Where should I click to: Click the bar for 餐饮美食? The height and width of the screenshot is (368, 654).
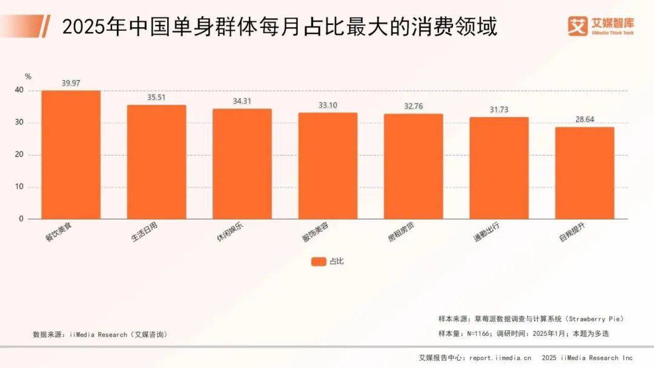pyautogui.click(x=71, y=155)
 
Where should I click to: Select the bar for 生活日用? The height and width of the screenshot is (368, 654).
pyautogui.click(x=156, y=162)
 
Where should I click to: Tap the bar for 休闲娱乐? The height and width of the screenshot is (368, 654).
pyautogui.click(x=242, y=164)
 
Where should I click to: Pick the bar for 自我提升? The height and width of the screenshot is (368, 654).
pyautogui.click(x=584, y=173)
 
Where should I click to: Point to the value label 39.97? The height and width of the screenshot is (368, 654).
pyautogui.click(x=71, y=83)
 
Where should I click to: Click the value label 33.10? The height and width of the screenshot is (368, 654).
pyautogui.click(x=328, y=105)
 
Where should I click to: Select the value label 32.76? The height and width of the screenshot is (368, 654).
pyautogui.click(x=414, y=106)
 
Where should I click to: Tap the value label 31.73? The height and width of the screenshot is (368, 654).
pyautogui.click(x=499, y=109)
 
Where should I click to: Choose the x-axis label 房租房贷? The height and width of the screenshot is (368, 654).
pyautogui.click(x=401, y=230)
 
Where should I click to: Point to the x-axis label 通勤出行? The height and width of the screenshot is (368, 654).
pyautogui.click(x=487, y=230)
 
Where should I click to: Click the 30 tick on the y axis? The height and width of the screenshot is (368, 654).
pyautogui.click(x=20, y=122)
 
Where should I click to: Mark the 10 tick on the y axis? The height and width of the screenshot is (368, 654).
pyautogui.click(x=20, y=187)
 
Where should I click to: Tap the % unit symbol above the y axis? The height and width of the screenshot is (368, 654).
pyautogui.click(x=28, y=76)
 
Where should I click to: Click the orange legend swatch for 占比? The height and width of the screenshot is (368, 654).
pyautogui.click(x=319, y=261)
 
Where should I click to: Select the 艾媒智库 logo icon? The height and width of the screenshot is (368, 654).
pyautogui.click(x=578, y=25)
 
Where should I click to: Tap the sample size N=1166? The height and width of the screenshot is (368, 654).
pyautogui.click(x=478, y=333)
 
